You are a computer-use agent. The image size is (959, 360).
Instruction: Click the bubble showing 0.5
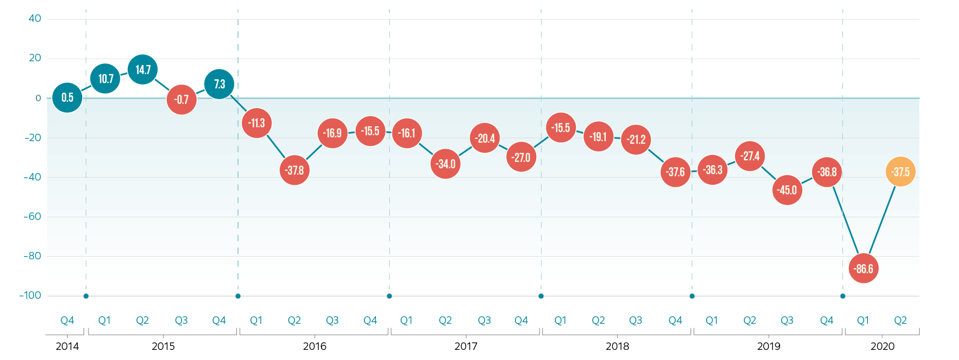(67, 97)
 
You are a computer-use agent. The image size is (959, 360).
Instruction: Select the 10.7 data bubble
(105, 79)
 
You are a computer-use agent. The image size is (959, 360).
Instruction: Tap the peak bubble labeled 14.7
(143, 70)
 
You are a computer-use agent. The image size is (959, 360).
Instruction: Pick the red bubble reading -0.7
(182, 100)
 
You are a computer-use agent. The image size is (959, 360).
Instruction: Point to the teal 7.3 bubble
(219, 84)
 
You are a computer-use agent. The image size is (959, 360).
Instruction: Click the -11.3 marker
(257, 123)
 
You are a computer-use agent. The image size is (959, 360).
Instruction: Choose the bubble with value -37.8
(294, 170)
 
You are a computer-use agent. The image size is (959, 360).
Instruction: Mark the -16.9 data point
(332, 133)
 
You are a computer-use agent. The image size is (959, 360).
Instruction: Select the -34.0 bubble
(446, 164)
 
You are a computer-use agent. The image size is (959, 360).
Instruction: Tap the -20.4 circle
(485, 138)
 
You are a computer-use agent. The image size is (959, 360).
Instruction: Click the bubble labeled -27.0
(521, 157)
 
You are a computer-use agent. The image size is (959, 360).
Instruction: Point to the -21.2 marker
(636, 140)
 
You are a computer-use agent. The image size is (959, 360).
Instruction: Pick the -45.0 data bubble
(787, 190)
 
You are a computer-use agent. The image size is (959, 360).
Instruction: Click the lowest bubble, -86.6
(864, 268)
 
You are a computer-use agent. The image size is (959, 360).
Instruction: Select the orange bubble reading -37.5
(900, 172)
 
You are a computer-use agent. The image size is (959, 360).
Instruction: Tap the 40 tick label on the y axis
(35, 19)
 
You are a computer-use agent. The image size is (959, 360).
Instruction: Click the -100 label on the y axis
(30, 296)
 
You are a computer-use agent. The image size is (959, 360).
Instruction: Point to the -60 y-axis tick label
(32, 217)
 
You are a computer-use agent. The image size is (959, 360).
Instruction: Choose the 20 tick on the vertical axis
(35, 58)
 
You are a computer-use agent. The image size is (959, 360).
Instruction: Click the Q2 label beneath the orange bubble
(900, 321)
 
